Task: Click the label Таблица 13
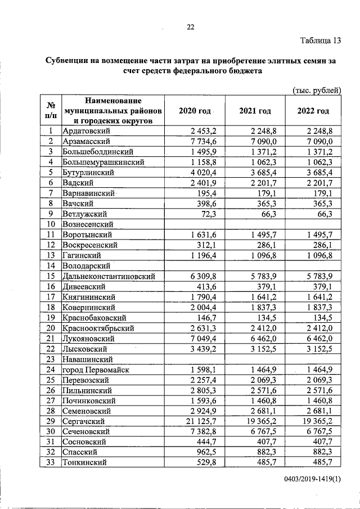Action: tap(321, 40)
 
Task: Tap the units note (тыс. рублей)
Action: tap(317, 90)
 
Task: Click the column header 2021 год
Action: tap(255, 111)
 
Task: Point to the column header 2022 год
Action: tap(313, 111)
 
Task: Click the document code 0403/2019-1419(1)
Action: tap(312, 478)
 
